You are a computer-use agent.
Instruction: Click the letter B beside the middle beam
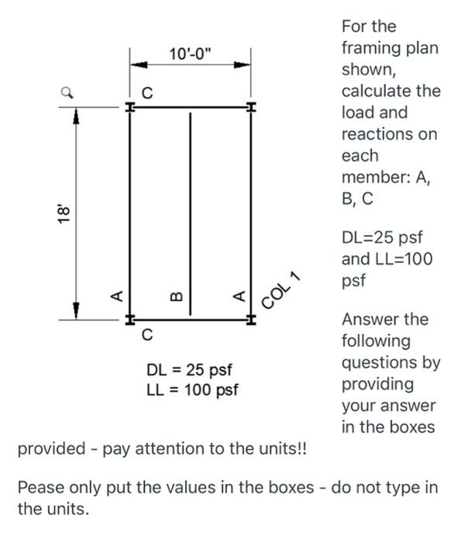tap(176, 296)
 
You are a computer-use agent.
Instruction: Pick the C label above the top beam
tap(146, 93)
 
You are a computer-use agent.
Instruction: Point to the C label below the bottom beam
tap(146, 336)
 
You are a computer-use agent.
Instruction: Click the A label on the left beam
tap(116, 295)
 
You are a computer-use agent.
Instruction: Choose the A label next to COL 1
tap(239, 295)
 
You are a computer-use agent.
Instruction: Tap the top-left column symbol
tap(129, 107)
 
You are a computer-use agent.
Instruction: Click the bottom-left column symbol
tap(129, 319)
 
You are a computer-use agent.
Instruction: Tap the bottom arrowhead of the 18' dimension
tap(76, 309)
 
